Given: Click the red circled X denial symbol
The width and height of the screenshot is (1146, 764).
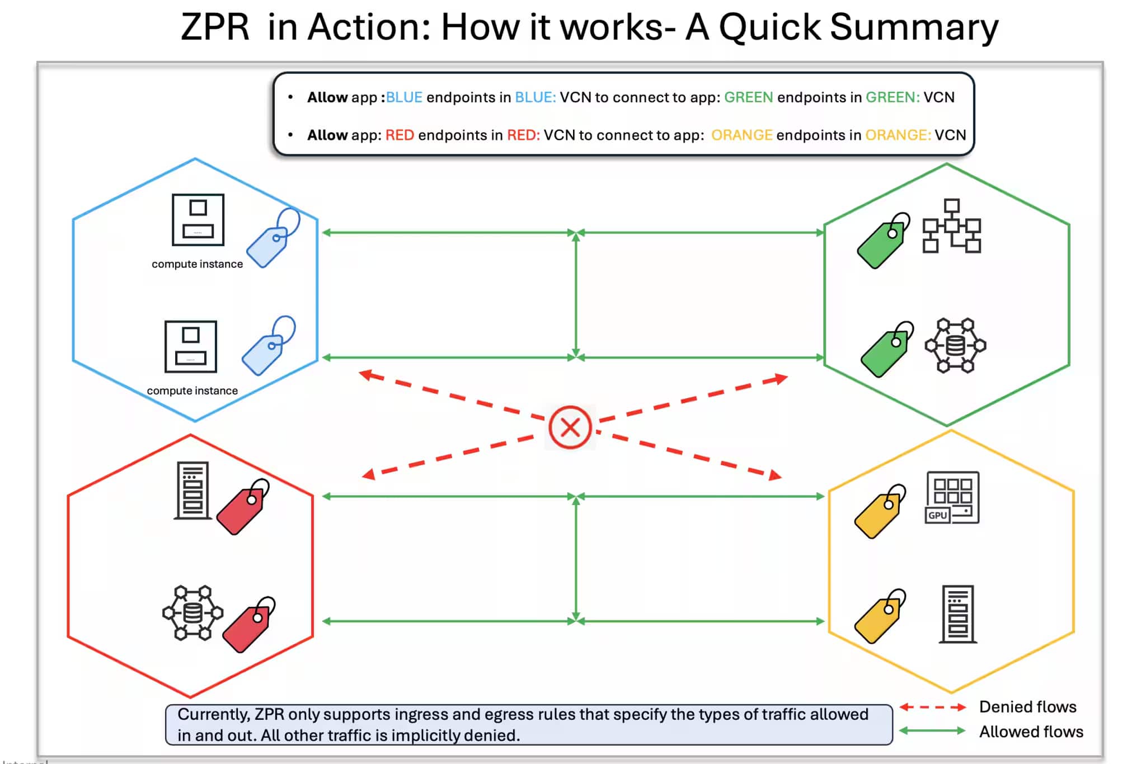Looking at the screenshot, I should [x=570, y=428].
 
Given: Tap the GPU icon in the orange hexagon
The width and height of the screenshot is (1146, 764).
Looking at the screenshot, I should [x=952, y=497].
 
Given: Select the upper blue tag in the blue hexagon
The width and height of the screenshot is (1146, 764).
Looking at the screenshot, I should [x=272, y=239].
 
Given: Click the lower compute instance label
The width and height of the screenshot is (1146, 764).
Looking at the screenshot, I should [x=192, y=390].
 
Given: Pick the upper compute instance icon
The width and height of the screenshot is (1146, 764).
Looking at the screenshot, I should [x=198, y=220].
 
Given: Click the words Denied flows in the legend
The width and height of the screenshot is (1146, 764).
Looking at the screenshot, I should [x=1027, y=707].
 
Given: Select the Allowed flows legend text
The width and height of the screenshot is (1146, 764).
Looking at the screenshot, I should [x=1031, y=732].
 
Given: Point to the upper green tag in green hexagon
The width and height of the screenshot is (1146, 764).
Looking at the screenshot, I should [x=882, y=242].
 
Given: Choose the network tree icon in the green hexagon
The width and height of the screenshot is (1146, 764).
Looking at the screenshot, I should [x=951, y=226].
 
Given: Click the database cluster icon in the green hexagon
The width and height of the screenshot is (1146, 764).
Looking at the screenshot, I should [x=955, y=346].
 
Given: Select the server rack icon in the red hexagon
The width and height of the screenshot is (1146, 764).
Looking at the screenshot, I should [x=192, y=491].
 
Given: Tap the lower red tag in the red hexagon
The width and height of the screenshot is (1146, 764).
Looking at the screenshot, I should [x=248, y=625].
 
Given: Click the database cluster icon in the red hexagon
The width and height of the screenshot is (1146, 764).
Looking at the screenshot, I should [x=192, y=613].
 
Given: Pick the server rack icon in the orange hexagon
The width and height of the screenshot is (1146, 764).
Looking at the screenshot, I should [x=957, y=614].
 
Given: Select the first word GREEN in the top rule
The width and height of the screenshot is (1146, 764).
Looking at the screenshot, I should [x=748, y=97].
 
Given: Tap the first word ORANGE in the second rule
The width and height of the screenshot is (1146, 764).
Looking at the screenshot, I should [x=741, y=135].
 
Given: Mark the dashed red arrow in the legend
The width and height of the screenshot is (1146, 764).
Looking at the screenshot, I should [x=932, y=708].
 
